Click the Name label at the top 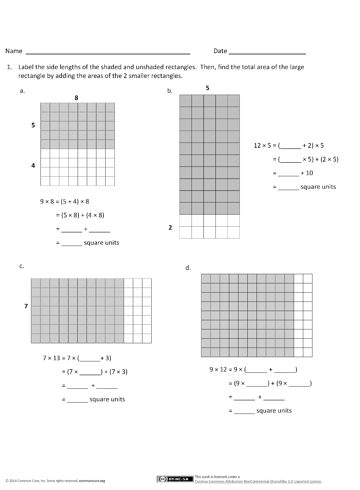coord(14,51)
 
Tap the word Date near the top coord(220,51)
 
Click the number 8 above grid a coord(76,98)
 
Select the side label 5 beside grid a coord(33,125)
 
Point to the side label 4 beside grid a coord(33,166)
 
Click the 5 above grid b coord(207,88)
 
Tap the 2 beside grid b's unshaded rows coord(170,227)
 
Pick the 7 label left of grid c coord(26,306)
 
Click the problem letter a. coord(22,91)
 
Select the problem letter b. coord(170,91)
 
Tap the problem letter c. coord(22,266)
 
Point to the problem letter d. coord(188,268)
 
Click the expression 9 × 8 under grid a coord(47,202)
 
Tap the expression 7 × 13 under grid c coord(51,358)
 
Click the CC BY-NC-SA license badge coord(175,479)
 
